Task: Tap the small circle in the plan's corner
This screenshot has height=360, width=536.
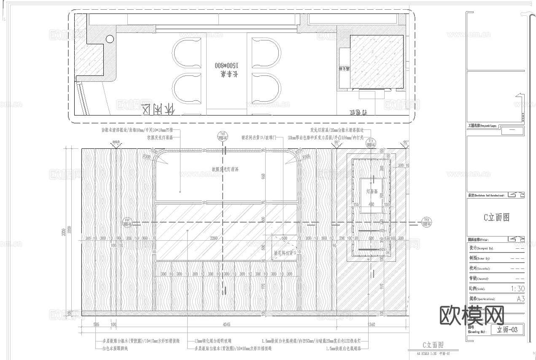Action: [110, 39]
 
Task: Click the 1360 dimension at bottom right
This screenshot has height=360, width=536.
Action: [371, 324]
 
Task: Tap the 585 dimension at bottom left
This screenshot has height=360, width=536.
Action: [96, 324]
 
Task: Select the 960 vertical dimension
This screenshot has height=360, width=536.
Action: [263, 177]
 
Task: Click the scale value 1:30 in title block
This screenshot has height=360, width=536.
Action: [517, 289]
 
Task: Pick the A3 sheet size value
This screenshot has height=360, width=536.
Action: [520, 299]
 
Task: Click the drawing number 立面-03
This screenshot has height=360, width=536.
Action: [507, 330]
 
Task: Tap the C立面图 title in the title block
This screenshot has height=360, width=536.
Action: [496, 218]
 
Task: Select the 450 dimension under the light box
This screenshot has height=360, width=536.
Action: [371, 204]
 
